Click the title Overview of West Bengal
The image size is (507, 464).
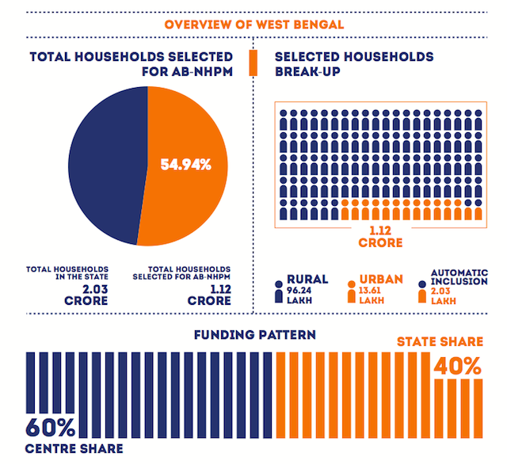(x=253, y=23)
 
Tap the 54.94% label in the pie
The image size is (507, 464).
(x=186, y=165)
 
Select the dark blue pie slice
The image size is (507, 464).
(x=103, y=166)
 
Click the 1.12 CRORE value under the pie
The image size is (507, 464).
(x=209, y=296)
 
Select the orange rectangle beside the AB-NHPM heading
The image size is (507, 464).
(x=253, y=63)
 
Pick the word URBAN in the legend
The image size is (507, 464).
(x=382, y=279)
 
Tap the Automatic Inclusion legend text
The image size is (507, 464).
(x=459, y=278)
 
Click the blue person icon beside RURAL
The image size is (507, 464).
(x=278, y=291)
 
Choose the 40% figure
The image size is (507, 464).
(x=457, y=366)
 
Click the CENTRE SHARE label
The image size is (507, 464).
(x=74, y=448)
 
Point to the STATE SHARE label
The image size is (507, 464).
(x=440, y=341)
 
